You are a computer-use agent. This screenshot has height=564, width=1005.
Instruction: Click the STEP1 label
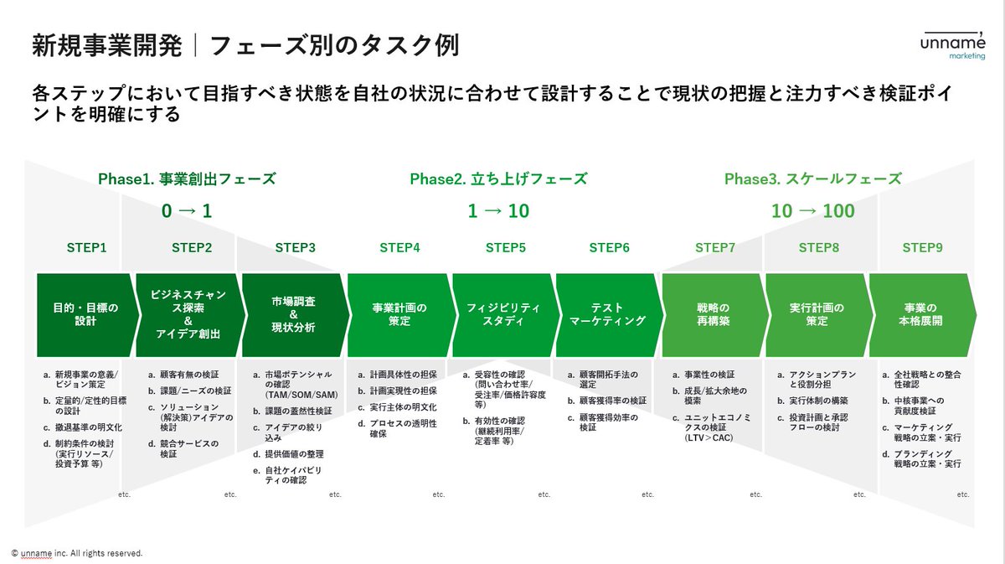(x=87, y=248)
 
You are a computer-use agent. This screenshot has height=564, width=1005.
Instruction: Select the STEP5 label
(x=506, y=248)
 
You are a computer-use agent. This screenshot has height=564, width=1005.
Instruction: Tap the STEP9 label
(x=922, y=248)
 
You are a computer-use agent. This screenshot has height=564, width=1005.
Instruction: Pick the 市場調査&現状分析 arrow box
(x=293, y=314)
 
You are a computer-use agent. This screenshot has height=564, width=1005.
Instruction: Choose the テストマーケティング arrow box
(x=608, y=314)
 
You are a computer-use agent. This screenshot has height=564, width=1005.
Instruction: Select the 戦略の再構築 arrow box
(x=713, y=314)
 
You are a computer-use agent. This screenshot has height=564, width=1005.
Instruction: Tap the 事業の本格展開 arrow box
(x=920, y=314)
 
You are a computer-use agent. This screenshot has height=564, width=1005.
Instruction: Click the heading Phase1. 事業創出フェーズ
(x=187, y=179)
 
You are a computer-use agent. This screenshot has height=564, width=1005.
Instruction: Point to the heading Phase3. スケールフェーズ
(x=812, y=179)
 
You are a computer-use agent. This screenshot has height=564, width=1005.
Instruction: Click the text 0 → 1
(x=187, y=211)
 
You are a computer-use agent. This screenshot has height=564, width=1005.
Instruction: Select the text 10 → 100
(x=812, y=211)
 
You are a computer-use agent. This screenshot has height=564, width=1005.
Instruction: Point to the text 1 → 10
(x=498, y=211)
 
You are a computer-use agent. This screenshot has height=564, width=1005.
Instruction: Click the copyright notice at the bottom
(x=77, y=553)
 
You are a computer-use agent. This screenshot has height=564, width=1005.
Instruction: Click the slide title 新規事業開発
(x=106, y=45)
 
